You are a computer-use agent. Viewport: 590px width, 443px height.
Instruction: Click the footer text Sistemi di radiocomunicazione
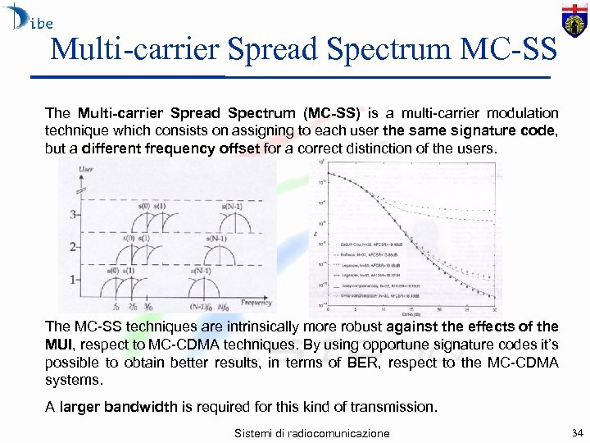(x=311, y=432)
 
